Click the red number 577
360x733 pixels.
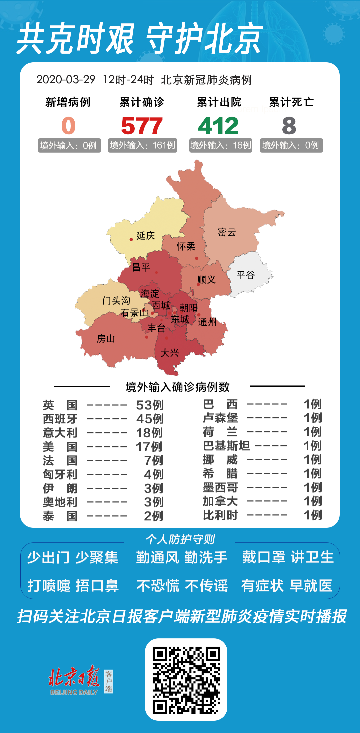142,126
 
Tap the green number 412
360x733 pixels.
218,126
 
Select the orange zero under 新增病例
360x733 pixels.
68,126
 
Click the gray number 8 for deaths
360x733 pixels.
289,126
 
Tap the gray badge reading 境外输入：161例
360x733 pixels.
142,145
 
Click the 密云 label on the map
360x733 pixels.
227,232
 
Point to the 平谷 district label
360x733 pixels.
246,275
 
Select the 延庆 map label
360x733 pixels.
146,236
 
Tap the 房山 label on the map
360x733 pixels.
106,339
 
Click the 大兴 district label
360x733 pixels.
170,353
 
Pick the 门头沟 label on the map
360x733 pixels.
116,301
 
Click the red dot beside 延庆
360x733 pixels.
131,239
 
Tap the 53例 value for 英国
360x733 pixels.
150,405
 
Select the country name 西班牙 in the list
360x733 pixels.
60,419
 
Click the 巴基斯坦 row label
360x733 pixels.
226,446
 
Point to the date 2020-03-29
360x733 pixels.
66,80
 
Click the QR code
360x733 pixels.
186,680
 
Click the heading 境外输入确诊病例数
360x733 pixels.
177,387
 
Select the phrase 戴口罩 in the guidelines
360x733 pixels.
263,557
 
